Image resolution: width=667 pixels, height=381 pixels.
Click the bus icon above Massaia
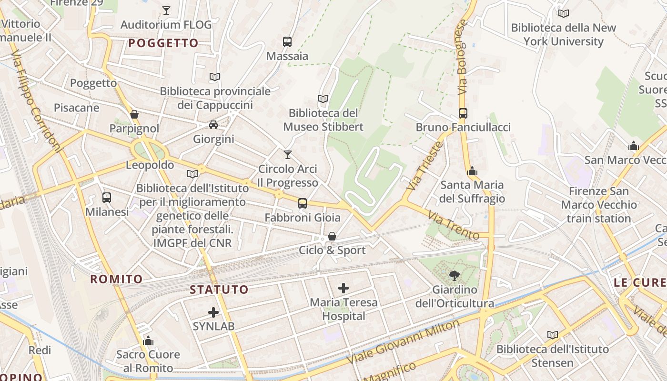[287, 41]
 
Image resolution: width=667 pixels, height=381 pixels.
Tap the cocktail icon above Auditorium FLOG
[166, 10]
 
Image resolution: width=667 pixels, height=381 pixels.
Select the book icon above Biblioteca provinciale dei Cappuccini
[215, 77]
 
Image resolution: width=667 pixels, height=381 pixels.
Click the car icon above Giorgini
[213, 125]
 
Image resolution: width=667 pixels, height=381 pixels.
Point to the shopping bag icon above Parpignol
[134, 114]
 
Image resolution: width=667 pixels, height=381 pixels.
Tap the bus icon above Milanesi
[107, 197]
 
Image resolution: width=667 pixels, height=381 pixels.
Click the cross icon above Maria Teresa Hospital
[344, 288]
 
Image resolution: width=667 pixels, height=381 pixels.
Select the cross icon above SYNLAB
[213, 312]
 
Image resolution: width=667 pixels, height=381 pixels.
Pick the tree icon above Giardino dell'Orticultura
[454, 275]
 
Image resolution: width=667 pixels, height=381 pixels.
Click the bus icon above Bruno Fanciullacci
[463, 113]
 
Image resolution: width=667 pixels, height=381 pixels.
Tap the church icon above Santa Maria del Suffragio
[472, 171]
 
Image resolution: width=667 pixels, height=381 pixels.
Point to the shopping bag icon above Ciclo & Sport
[332, 236]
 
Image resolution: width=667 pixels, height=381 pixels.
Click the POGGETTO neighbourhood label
[163, 43]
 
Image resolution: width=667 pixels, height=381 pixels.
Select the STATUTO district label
[219, 290]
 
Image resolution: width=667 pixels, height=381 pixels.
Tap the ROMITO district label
[117, 279]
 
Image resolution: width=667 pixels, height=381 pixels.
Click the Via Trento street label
[453, 225]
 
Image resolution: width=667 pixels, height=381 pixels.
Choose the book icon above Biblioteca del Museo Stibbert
[323, 99]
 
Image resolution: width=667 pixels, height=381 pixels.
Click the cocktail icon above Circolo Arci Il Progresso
[287, 154]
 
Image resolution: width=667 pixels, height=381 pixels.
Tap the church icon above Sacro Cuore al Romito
[148, 341]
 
